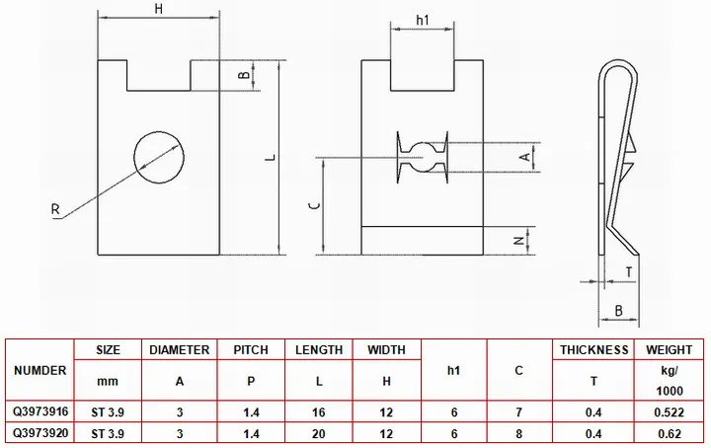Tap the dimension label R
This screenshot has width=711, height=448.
pos(55,209)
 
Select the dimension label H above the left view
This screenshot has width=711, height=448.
pos(159,9)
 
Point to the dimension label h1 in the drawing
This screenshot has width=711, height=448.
pos(423,21)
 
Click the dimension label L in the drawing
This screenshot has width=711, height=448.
pos(271,158)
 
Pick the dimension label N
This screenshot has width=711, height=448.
pos(519,241)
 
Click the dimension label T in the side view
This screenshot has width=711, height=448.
pos(629,272)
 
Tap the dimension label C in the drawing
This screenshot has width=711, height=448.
pos(317,205)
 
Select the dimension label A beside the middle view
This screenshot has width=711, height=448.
pos(525,157)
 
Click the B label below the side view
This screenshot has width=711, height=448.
pos(618,311)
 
